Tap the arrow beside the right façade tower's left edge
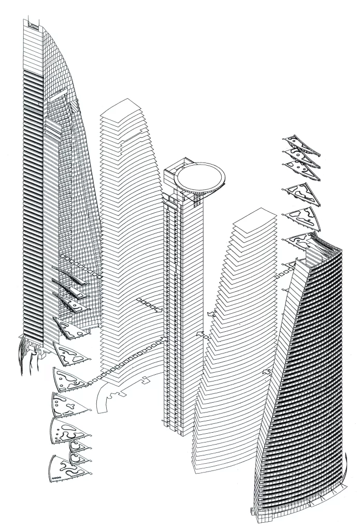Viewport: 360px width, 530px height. click(x=267, y=372)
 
